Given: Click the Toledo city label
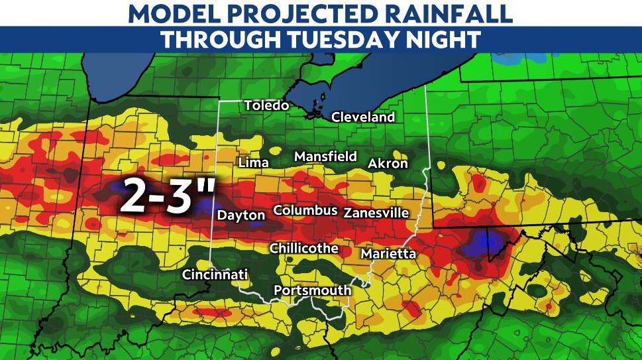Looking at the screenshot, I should tap(266, 106).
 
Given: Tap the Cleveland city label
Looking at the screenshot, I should tap(362, 117).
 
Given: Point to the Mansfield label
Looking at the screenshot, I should tap(325, 157).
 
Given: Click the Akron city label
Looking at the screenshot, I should tap(388, 164).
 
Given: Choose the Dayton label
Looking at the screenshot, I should tap(241, 215).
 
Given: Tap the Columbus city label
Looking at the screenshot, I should tap(305, 210).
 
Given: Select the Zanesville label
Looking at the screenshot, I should tap(376, 213).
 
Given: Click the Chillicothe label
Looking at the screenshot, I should tap(304, 249).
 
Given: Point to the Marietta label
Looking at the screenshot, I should tap(388, 254).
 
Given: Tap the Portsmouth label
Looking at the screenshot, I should tap(312, 290).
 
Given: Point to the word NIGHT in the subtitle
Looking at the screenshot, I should tap(445, 39).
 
